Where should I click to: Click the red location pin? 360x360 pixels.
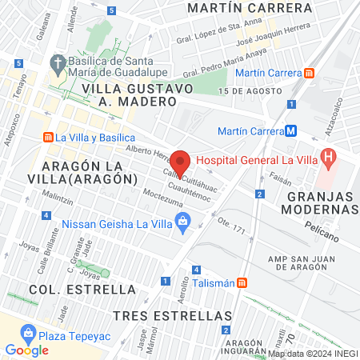click(181, 162)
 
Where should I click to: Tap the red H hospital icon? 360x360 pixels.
click(327, 157)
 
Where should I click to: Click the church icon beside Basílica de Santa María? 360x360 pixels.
click(58, 62)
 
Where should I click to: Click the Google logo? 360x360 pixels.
click(26, 350)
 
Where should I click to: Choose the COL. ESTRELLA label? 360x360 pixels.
click(82, 288)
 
